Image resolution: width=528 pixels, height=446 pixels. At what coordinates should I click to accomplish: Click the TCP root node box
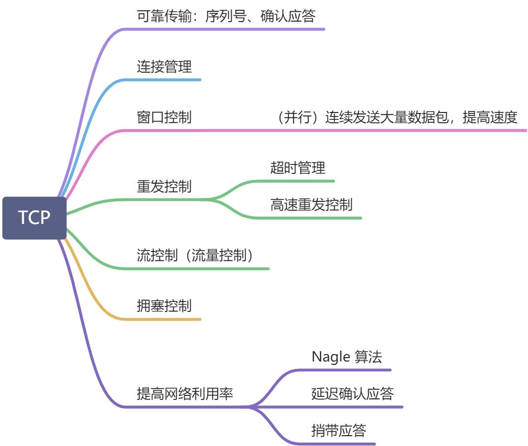[34, 218]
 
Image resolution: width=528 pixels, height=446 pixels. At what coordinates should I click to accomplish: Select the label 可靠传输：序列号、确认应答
[226, 16]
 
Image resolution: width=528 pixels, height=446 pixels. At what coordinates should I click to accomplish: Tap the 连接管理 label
[164, 67]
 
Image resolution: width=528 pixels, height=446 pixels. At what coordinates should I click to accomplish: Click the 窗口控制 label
[164, 117]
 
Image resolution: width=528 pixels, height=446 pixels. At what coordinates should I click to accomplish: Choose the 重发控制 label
[164, 187]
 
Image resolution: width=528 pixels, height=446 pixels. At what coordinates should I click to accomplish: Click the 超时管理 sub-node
[297, 168]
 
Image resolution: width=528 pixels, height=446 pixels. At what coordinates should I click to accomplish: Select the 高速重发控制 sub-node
[311, 204]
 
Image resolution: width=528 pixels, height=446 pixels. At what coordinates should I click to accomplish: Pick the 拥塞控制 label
[164, 306]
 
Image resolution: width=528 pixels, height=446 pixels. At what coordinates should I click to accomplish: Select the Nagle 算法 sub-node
[346, 357]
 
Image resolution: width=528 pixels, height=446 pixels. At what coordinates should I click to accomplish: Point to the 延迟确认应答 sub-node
[352, 393]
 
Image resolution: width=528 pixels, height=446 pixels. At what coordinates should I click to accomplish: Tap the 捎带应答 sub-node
[339, 431]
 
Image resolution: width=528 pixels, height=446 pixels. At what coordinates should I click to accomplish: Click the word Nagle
[330, 357]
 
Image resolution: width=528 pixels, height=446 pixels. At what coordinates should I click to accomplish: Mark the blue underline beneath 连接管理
[167, 80]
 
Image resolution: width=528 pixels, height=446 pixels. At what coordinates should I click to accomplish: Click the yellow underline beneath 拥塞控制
[167, 319]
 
